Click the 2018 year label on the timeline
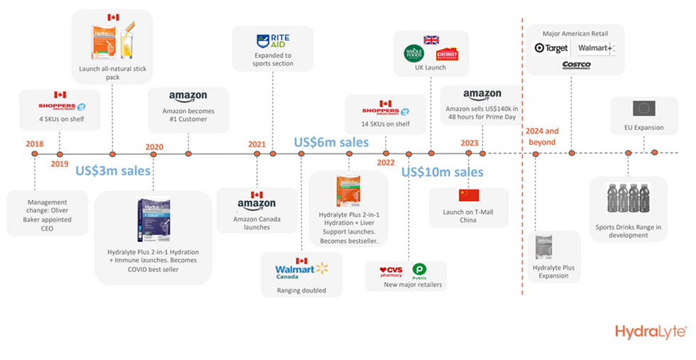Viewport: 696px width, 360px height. [x=34, y=145]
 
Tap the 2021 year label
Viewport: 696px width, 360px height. [x=256, y=145]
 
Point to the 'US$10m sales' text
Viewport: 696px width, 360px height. [x=442, y=172]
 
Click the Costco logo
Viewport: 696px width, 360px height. [x=576, y=65]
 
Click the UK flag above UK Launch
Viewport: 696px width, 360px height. [x=431, y=40]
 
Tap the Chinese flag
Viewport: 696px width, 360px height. [x=469, y=195]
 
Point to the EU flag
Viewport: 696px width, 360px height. [x=643, y=109]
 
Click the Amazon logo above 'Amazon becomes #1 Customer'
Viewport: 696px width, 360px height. [x=188, y=97]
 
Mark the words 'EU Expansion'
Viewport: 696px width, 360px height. [x=643, y=128]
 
